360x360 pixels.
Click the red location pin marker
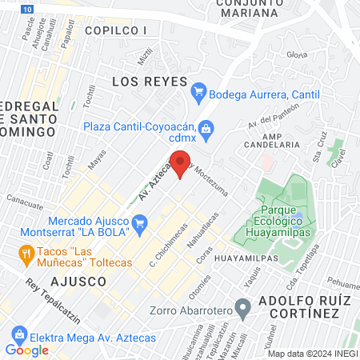coord(182,164)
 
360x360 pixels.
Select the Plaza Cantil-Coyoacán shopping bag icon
coord(206,128)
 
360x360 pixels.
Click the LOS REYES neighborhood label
coord(149,82)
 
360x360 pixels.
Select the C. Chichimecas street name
coord(163,251)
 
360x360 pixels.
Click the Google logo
coord(27,350)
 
